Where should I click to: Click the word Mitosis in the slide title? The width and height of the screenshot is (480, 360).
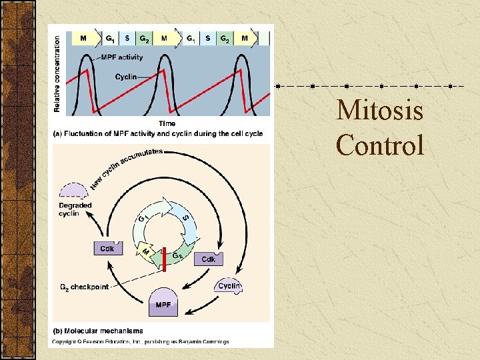[379, 110]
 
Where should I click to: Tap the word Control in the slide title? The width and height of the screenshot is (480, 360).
[379, 145]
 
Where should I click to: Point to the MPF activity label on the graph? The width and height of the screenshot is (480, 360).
[122, 57]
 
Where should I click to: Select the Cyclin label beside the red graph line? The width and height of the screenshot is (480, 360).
[125, 76]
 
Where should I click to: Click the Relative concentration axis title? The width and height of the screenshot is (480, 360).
[57, 73]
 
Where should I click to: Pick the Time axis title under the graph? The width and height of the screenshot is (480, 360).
[167, 123]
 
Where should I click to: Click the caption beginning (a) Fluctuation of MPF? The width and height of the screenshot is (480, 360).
[157, 133]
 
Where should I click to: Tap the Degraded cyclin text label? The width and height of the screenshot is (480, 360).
[75, 209]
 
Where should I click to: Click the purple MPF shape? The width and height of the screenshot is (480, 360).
[163, 303]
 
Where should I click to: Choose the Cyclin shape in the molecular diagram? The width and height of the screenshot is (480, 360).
[229, 285]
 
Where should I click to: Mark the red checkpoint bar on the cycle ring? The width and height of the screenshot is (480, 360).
[163, 259]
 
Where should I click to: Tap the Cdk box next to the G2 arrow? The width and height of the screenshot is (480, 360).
[209, 259]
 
